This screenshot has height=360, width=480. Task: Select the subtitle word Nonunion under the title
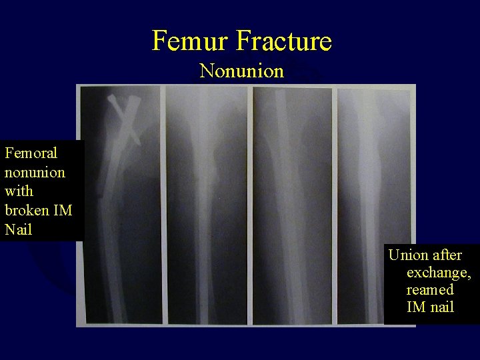(241, 71)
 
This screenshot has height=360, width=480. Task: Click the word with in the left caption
(17, 191)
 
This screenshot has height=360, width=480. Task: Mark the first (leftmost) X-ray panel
(120, 213)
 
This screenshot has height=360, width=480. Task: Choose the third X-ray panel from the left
(291, 213)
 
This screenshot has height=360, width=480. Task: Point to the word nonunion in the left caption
(35, 172)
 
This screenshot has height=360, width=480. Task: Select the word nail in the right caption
(441, 307)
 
